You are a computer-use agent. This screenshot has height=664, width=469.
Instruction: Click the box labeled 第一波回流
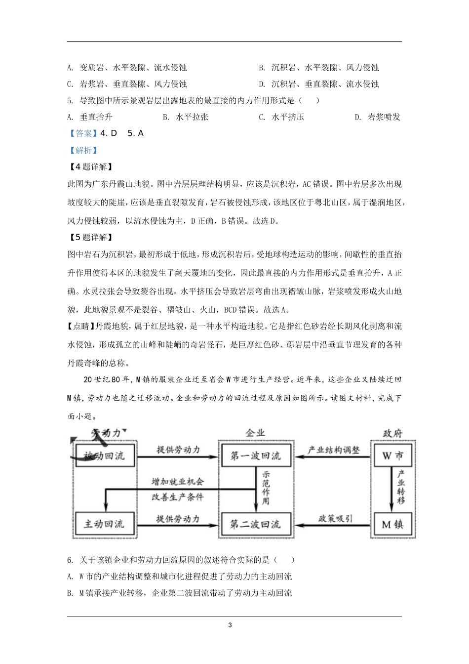point(255,456)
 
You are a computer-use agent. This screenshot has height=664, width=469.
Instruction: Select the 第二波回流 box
point(255,524)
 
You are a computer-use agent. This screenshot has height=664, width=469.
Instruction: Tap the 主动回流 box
point(104,524)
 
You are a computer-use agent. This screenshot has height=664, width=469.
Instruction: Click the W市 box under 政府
point(392,456)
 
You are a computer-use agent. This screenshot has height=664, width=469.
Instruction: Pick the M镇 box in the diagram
point(392,524)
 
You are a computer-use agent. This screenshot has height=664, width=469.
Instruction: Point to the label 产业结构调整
point(334,450)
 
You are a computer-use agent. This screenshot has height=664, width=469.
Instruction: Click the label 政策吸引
point(335,518)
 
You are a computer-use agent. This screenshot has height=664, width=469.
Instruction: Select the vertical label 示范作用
point(266,487)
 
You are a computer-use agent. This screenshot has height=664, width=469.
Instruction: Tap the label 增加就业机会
point(177,481)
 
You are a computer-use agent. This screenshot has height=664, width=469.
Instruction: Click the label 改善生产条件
point(177,497)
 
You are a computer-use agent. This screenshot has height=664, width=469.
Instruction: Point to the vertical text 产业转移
point(400,487)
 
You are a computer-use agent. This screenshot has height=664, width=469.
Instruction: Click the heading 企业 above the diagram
point(255,433)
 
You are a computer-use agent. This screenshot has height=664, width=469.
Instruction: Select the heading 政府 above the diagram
point(392,433)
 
